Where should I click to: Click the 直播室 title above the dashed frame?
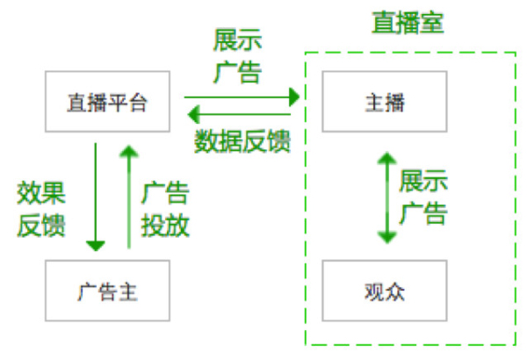tap(408, 23)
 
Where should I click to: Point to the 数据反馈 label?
tap(242, 141)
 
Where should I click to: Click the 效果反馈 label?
tap(41, 209)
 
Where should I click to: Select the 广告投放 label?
tap(165, 209)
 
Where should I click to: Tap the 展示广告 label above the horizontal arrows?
tap(238, 56)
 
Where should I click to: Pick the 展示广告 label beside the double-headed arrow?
tap(423, 197)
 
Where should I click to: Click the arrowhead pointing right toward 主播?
tap(294, 97)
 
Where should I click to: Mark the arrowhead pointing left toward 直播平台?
tap(193, 114)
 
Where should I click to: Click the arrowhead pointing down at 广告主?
tap(96, 246)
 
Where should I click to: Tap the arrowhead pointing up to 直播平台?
tap(129, 151)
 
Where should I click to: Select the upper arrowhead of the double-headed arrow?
tap(387, 158)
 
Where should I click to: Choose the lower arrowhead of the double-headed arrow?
tap(387, 238)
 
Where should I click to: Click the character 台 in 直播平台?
tap(138, 103)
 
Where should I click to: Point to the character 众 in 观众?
tap(394, 292)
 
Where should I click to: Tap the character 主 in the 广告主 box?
tap(127, 292)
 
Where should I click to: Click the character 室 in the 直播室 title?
tap(432, 23)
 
